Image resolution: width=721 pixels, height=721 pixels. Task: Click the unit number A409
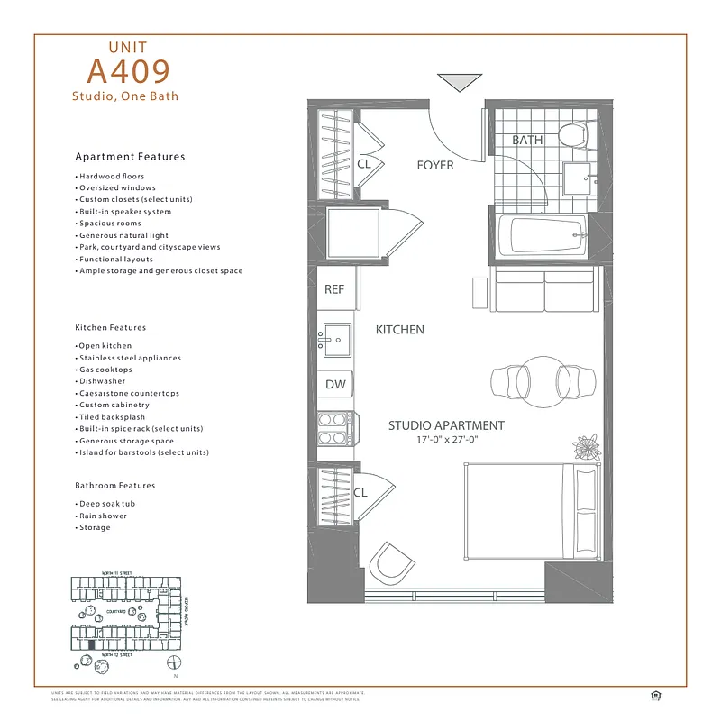[128, 70]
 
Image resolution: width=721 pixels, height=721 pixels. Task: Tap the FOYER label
[434, 166]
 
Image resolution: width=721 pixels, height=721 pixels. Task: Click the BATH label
[527, 141]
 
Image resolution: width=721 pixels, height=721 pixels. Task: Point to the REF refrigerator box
[335, 290]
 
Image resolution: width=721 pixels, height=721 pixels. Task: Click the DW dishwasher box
[335, 385]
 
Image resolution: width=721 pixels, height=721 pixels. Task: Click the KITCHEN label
[399, 330]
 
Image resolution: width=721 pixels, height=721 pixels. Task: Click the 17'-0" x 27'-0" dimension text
[446, 440]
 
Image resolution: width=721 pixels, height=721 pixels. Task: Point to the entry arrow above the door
[453, 83]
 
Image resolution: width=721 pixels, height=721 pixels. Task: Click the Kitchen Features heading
[110, 328]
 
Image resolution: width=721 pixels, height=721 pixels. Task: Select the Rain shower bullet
[103, 516]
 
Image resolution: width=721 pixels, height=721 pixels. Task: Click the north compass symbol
[174, 664]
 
